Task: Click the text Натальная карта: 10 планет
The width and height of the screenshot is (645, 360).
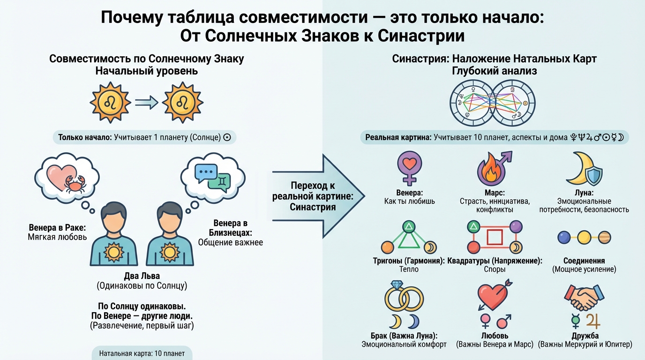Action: point(142,353)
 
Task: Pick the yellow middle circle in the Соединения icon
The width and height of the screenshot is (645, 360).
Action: point(584,237)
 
